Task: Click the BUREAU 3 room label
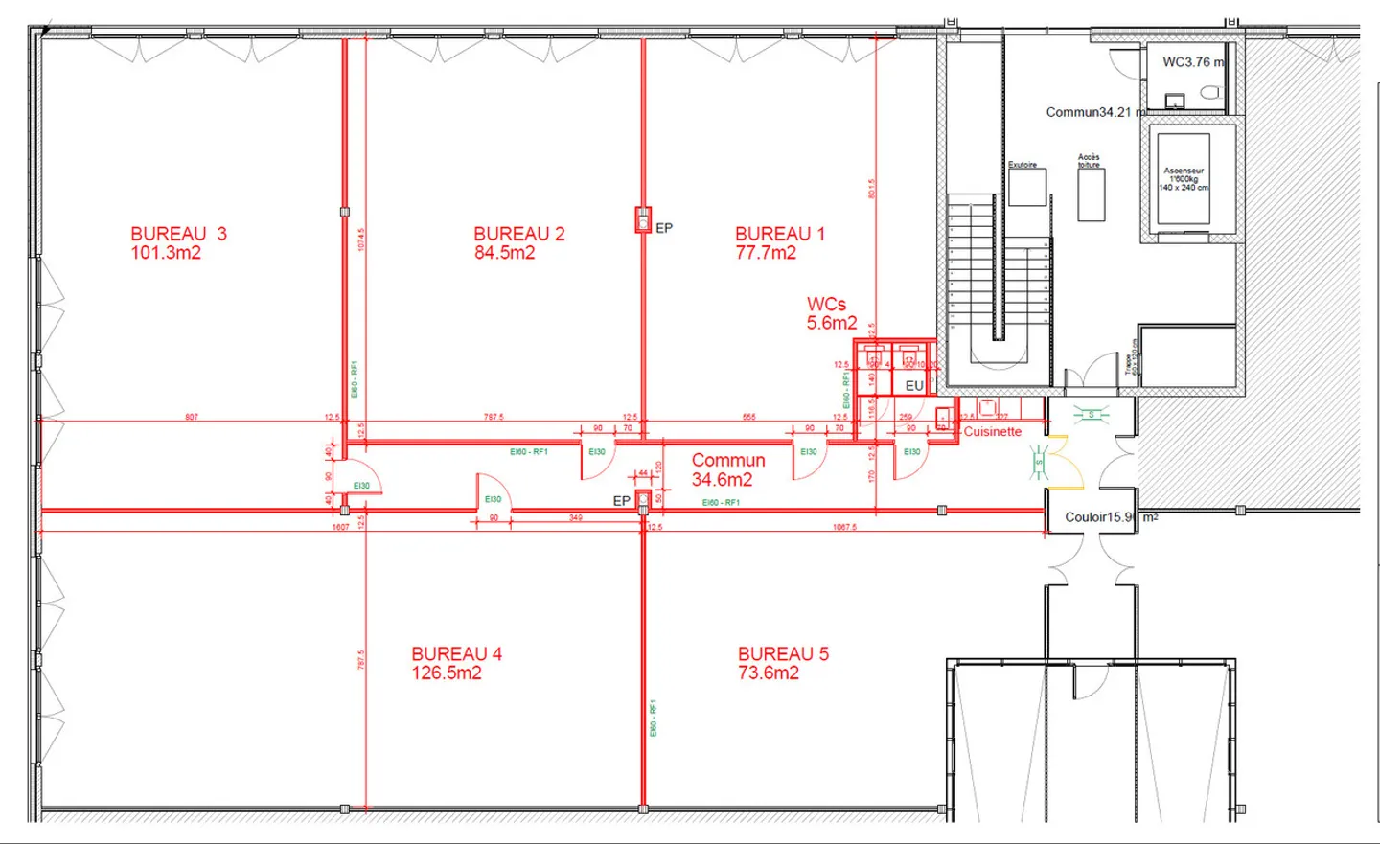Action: (178, 234)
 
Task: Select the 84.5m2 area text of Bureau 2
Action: (504, 253)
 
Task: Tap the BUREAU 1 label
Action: (779, 234)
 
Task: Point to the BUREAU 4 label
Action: (456, 653)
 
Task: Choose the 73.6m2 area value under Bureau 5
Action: (768, 673)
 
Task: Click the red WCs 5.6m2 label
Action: (831, 313)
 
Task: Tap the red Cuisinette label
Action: (992, 432)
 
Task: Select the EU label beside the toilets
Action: (914, 385)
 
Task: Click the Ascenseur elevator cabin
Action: (1184, 179)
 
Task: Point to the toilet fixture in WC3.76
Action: (1211, 93)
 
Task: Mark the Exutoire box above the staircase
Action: (1026, 186)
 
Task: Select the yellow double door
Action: (1065, 462)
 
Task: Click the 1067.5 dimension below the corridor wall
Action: (844, 527)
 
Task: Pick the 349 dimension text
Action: (575, 518)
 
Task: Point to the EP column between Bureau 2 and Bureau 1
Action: (644, 220)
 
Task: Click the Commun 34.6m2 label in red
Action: (727, 470)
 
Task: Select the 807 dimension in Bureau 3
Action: (192, 417)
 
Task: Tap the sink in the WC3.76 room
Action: (1175, 101)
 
